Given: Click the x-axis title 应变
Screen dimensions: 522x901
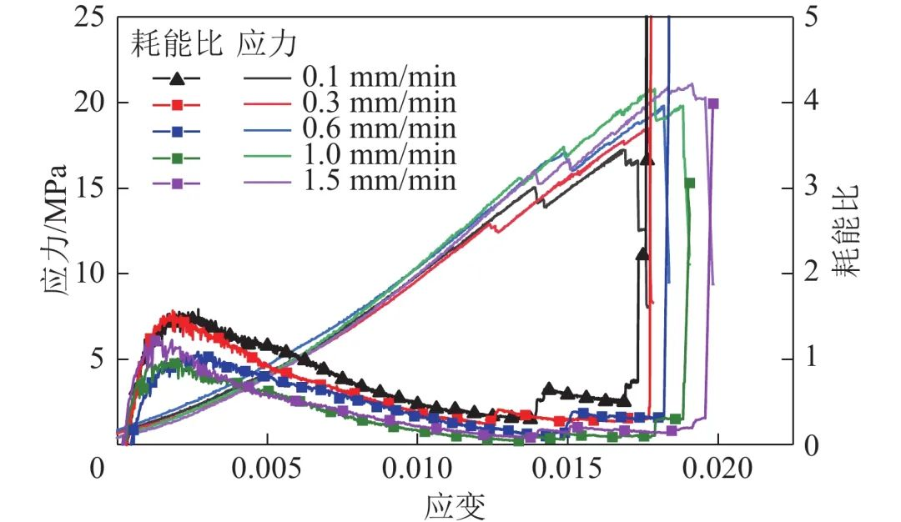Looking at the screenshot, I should (x=456, y=504).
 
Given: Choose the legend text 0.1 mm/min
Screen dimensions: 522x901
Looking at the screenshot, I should (x=379, y=78).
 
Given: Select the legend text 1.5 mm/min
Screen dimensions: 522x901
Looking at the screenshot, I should (x=379, y=181).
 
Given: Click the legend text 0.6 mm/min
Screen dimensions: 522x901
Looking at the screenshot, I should (x=379, y=129).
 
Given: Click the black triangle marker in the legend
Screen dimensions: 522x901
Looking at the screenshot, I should (x=176, y=78).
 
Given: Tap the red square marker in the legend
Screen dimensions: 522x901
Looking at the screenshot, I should (x=176, y=104).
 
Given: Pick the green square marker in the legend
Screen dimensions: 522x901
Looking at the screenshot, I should (x=176, y=156).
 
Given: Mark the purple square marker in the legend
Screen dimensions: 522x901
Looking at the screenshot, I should (x=176, y=182).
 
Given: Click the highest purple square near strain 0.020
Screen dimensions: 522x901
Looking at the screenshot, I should (x=712, y=103).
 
